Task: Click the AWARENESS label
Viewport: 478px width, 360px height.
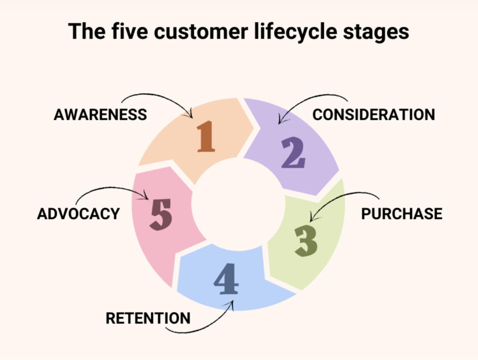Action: (100, 114)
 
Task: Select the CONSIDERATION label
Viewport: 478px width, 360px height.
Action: (373, 114)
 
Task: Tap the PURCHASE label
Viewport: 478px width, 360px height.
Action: (402, 213)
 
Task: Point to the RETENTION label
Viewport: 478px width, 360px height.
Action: (148, 318)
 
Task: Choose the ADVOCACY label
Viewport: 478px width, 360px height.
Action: (78, 213)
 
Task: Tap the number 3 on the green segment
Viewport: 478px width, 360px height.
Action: (306, 240)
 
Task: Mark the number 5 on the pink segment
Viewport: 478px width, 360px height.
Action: (161, 214)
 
